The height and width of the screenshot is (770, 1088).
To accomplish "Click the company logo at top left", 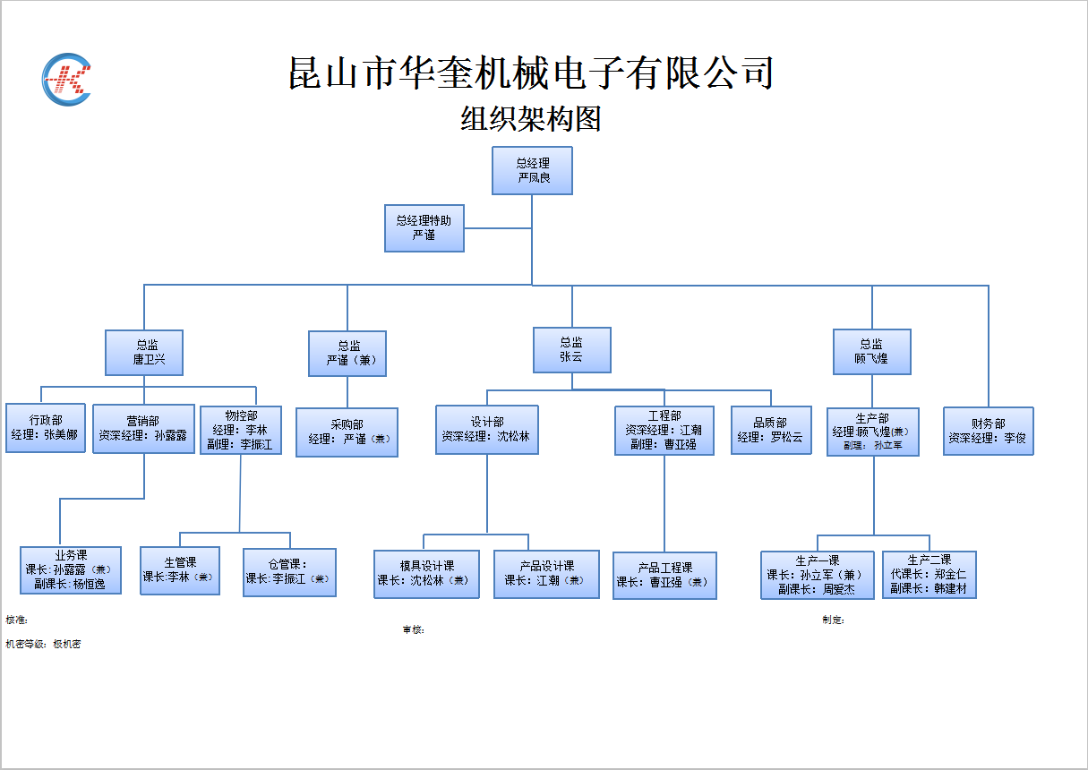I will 67,80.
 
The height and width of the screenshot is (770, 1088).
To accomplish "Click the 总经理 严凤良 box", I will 532,170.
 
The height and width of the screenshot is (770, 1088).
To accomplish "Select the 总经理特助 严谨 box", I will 424,227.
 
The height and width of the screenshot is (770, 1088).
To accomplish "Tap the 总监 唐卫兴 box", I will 144,352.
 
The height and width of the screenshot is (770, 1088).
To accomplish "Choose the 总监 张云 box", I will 572,349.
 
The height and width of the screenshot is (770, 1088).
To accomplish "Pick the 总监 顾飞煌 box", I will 871,351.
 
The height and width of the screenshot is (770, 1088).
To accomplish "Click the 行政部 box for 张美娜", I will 46,428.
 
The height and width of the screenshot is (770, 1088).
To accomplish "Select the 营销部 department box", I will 143,429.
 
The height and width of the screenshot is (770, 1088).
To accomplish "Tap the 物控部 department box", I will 240,430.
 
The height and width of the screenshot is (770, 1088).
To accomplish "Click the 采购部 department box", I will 347,432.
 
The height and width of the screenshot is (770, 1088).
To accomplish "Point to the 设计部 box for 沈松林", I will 487,430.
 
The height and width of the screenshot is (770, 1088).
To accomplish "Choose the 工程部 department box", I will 664,431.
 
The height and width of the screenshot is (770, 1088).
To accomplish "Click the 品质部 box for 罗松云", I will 771,431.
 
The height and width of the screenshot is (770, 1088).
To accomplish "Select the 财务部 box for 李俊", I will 988,431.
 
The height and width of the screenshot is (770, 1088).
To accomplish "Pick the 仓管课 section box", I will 289,572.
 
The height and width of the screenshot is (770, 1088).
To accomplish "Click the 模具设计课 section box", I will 426,574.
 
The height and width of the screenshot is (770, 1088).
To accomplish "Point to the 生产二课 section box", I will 929,575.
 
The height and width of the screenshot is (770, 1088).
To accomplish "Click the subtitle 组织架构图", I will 530,118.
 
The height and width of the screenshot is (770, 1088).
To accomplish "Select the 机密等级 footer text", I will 43,644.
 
